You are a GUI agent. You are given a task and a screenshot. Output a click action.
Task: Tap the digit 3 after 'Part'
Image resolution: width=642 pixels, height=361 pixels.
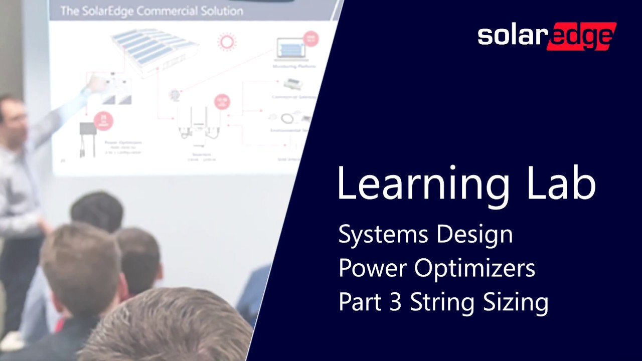396,302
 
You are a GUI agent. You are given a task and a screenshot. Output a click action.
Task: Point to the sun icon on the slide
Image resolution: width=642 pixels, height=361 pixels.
227,42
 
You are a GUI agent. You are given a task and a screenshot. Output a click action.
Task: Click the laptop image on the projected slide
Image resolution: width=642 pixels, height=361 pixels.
291,49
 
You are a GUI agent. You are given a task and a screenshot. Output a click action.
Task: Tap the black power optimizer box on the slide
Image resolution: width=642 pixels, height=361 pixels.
89,129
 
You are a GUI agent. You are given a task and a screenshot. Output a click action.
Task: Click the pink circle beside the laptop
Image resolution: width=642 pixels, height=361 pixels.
311,39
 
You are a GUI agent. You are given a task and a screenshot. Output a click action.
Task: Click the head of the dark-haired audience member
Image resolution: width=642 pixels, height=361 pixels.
97,213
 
